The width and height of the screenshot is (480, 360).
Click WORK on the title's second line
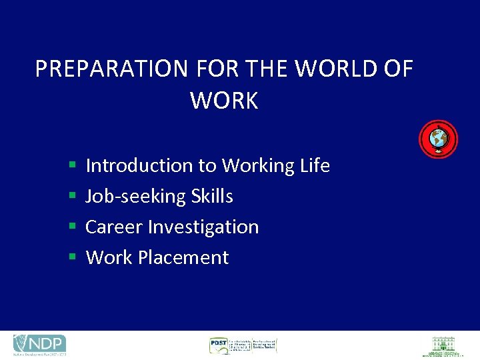224,101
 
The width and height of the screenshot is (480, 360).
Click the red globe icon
438,139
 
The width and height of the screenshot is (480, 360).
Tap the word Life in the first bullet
315,165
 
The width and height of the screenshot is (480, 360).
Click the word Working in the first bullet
257,165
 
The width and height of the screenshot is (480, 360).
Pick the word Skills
212,196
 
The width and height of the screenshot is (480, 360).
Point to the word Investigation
203,227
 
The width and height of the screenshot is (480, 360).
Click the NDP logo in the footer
39,345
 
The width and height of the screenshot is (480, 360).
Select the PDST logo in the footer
243,345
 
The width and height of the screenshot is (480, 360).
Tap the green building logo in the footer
443,345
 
